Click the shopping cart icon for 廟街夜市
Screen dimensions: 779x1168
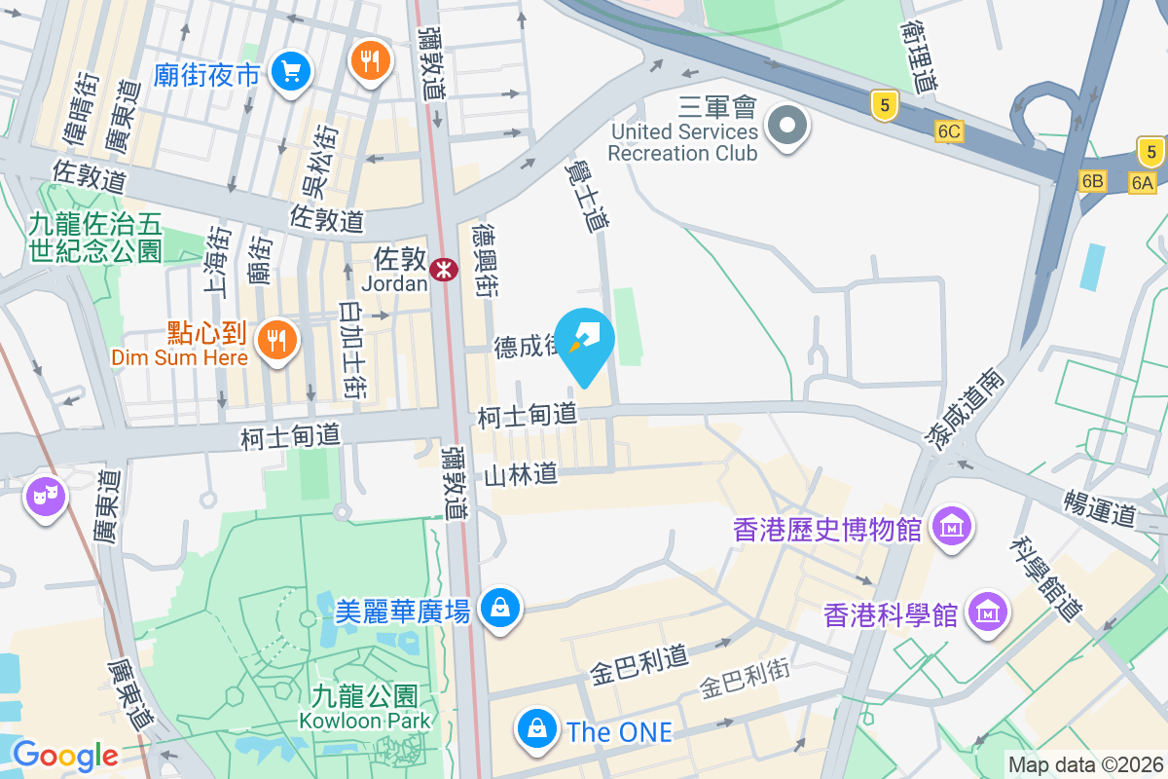[290, 71]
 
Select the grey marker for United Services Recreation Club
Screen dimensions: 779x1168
[787, 126]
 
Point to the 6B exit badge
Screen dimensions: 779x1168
[1093, 181]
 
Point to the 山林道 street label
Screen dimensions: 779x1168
[522, 474]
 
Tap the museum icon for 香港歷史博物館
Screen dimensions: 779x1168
[952, 527]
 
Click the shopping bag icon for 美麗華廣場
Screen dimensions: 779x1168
[500, 608]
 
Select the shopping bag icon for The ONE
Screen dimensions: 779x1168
[536, 728]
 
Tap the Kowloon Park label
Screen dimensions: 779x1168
[365, 722]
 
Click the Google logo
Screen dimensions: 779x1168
[64, 755]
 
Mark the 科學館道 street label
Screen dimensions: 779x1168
[1046, 578]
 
